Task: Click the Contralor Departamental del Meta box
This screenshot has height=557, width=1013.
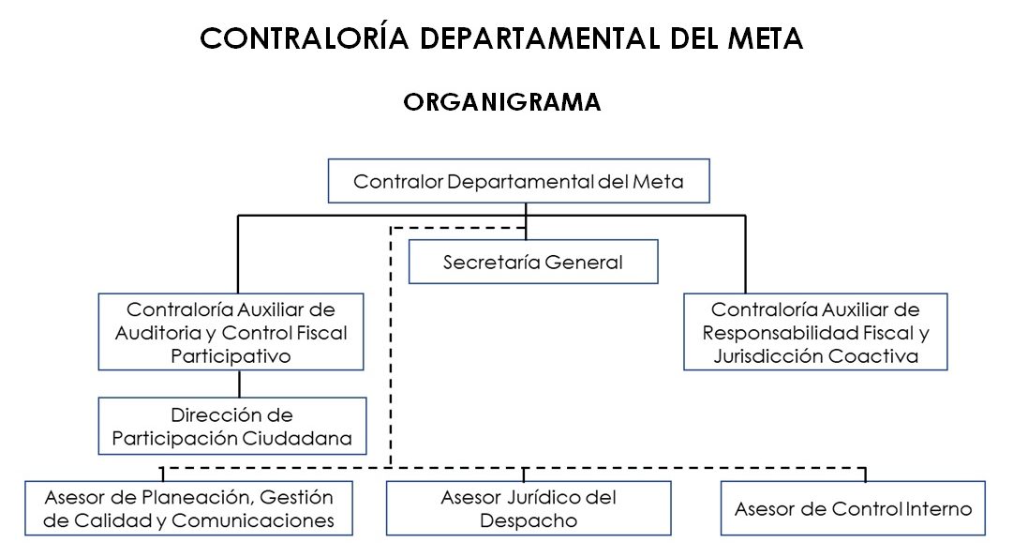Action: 518,182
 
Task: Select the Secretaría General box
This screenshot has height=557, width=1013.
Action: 532,263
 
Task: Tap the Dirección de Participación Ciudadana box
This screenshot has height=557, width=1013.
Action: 231,426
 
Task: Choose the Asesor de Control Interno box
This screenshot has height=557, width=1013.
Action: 853,509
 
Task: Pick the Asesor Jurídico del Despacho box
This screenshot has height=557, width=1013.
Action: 529,508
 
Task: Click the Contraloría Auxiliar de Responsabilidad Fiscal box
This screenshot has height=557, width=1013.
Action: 815,332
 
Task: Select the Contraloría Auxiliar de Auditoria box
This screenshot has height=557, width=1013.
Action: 231,332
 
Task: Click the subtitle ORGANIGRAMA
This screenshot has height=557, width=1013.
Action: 502,102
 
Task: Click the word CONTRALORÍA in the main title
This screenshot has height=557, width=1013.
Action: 305,38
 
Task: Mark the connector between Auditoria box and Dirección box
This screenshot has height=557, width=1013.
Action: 240,384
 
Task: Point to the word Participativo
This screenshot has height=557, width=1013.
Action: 231,356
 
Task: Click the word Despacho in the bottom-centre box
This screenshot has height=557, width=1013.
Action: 529,520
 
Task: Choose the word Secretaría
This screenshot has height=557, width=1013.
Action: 484,263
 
